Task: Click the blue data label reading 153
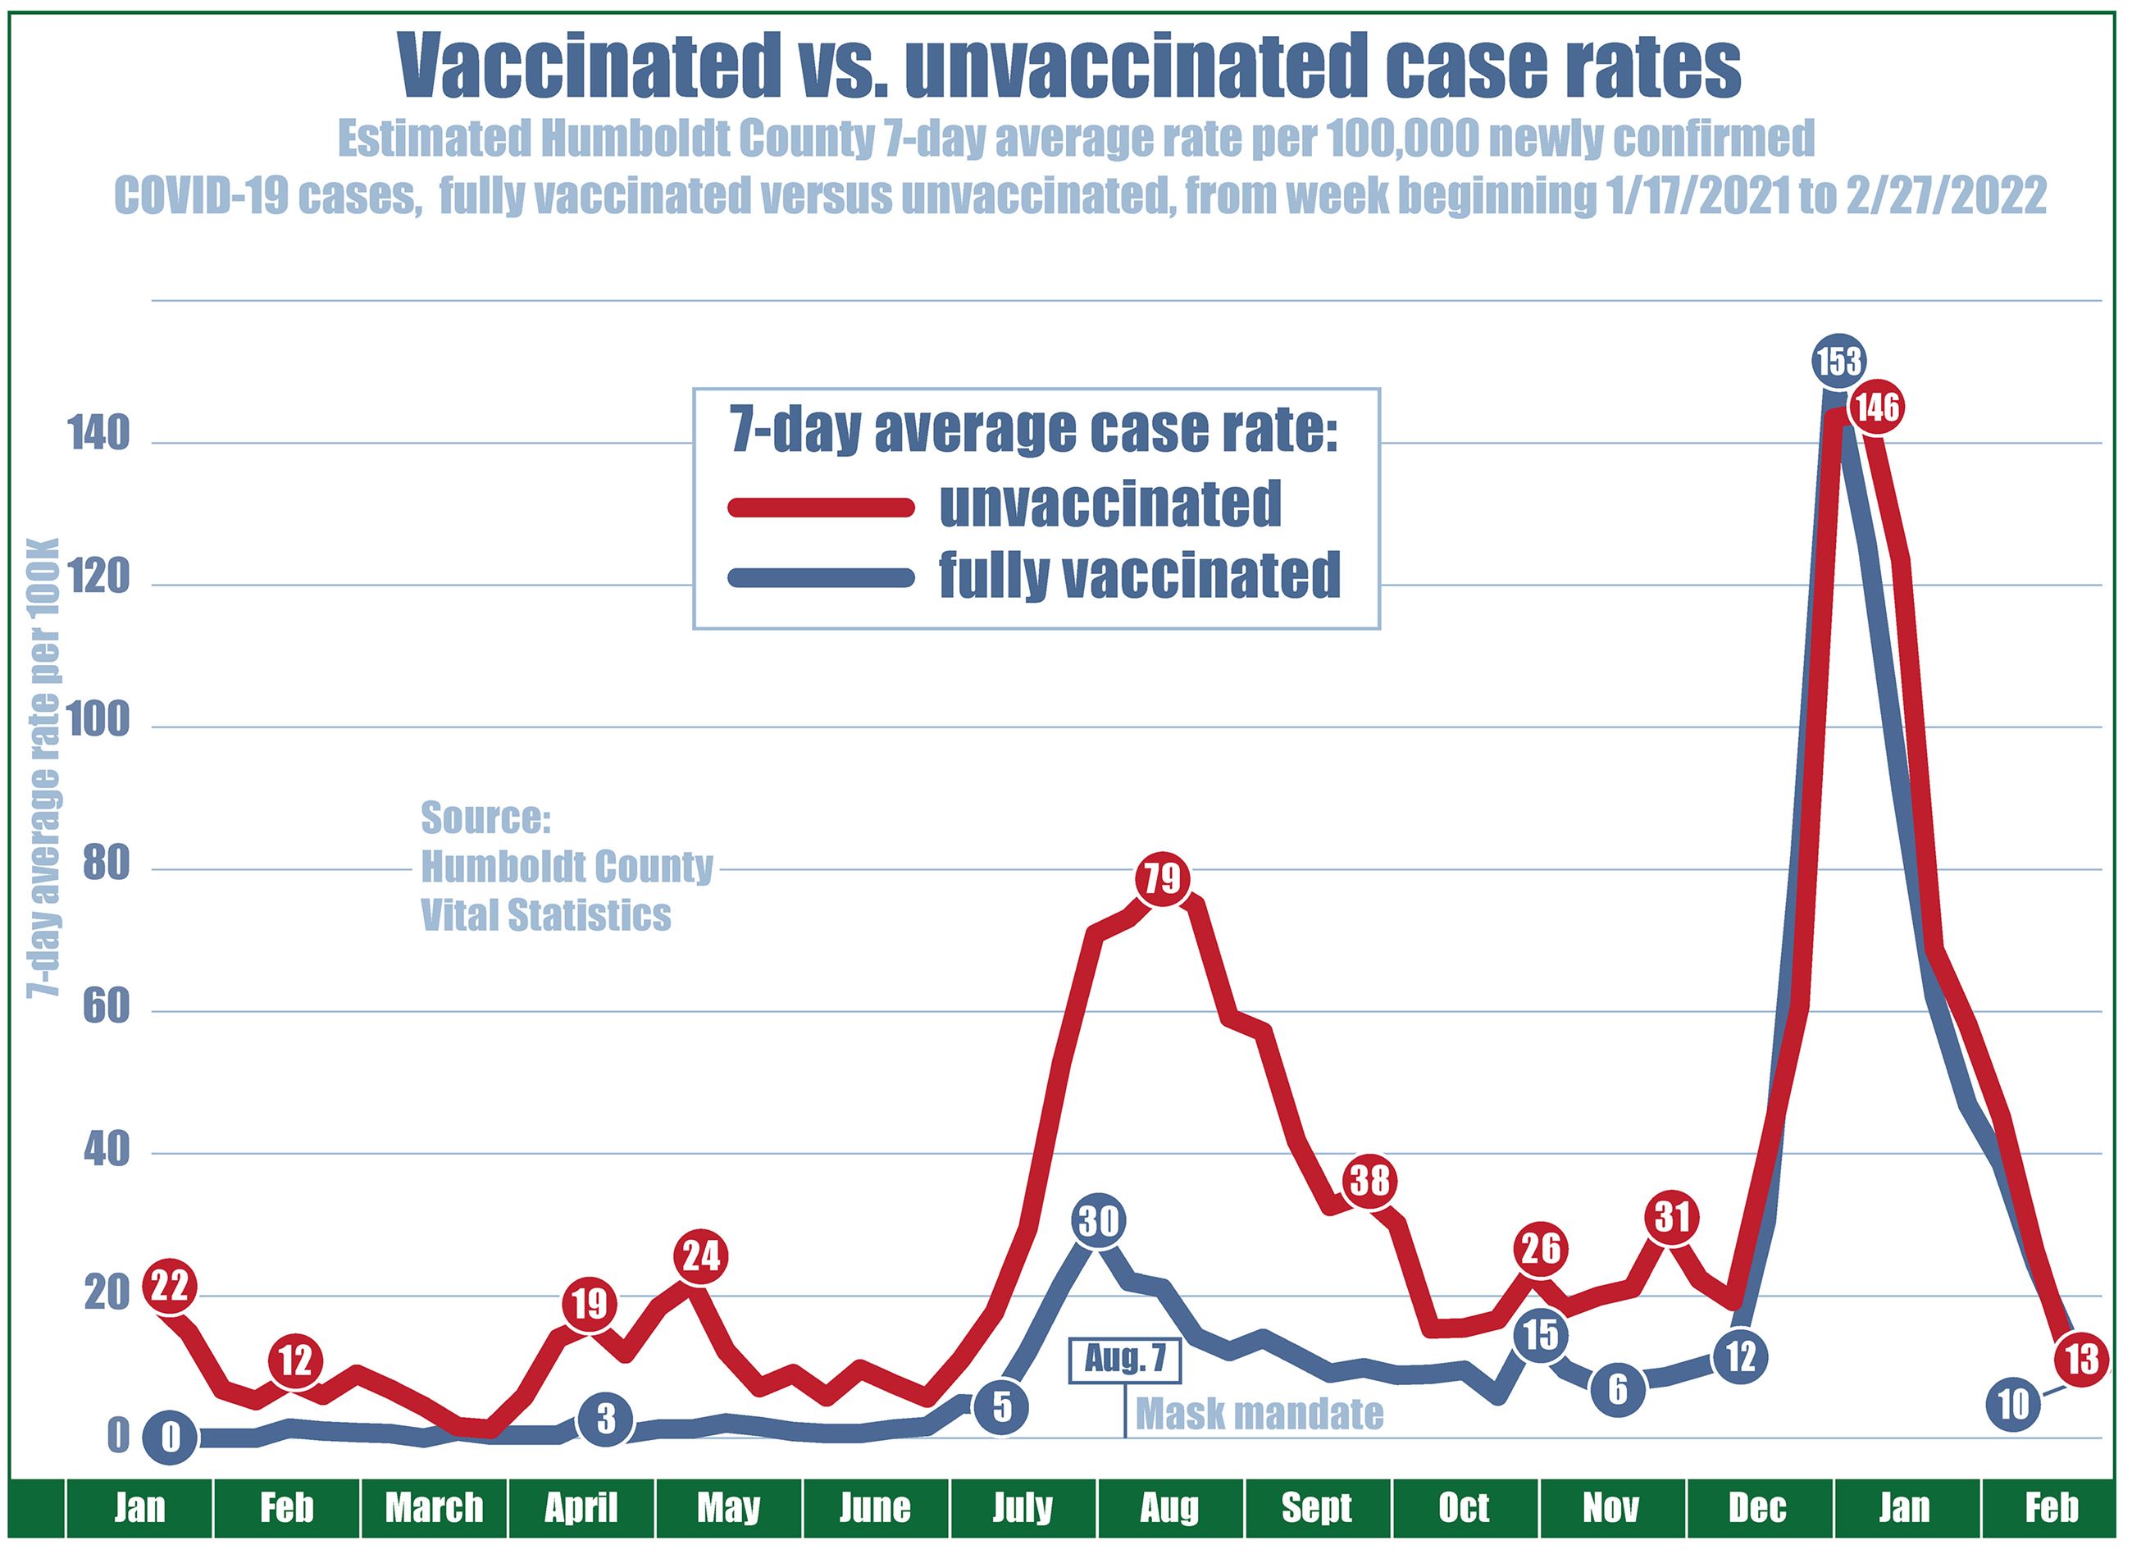(x=1838, y=361)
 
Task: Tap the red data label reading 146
(x=1877, y=408)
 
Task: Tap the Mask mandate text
(x=1260, y=1414)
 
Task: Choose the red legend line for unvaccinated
(x=821, y=508)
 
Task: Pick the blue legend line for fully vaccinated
(x=821, y=576)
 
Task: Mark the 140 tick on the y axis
(x=98, y=437)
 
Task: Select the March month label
(x=434, y=1508)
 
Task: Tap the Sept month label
(x=1317, y=1508)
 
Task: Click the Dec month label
(x=1756, y=1508)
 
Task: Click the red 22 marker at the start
(x=169, y=1286)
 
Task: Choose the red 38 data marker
(x=1369, y=1181)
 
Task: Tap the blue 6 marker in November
(x=1618, y=1388)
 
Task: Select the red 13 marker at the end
(x=2082, y=1360)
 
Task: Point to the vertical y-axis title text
(x=43, y=767)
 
